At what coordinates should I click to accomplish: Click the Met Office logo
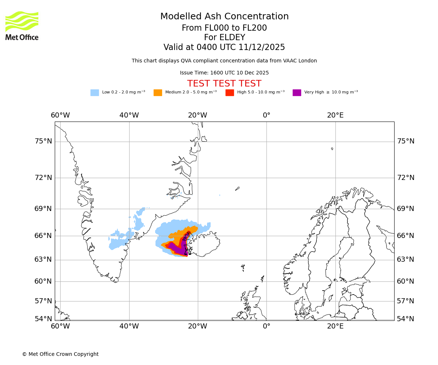point(22,26)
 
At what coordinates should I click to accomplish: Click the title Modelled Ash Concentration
point(224,17)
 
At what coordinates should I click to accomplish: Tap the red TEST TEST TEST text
point(224,84)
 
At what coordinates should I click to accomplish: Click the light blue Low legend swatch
point(95,93)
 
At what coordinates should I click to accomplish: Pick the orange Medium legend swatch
point(158,93)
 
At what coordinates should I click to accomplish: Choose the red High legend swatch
point(230,93)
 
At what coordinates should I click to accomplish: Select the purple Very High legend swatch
point(297,93)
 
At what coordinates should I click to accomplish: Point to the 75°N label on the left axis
point(43,141)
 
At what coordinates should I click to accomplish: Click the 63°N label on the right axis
point(406,260)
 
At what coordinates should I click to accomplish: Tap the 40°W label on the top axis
point(129,115)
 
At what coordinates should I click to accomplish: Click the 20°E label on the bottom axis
point(335,326)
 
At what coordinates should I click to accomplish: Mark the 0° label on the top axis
point(266,115)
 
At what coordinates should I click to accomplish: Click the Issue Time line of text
point(224,73)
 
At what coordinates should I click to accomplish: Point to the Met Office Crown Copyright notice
point(60,354)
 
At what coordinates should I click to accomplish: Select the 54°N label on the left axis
point(43,319)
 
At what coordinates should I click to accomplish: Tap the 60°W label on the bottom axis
point(60,326)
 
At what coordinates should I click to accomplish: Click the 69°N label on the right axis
point(406,209)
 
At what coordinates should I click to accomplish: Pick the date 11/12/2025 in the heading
point(262,47)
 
